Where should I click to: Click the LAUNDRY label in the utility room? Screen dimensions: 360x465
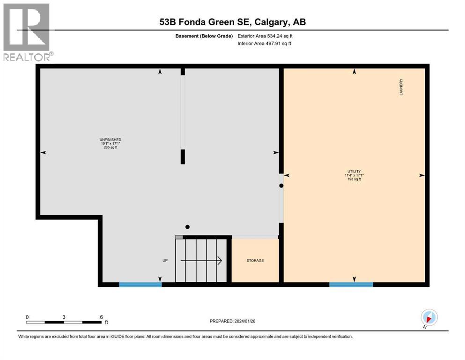[x=401, y=87]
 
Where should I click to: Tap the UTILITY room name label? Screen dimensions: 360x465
[x=354, y=171]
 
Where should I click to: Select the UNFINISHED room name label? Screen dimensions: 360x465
[x=111, y=140]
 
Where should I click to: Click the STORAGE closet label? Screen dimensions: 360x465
[x=255, y=261]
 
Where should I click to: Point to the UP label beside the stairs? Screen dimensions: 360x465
[x=165, y=261]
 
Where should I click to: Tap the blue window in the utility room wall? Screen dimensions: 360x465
[x=351, y=284]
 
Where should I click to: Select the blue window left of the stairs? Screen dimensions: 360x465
[x=140, y=284]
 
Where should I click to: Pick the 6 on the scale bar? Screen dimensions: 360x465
[x=101, y=317]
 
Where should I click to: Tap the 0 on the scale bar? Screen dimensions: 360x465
[x=27, y=317]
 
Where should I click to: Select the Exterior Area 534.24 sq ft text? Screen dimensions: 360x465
[x=266, y=36]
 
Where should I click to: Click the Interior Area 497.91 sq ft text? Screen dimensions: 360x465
[x=265, y=44]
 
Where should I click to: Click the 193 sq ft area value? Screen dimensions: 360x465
[x=354, y=180]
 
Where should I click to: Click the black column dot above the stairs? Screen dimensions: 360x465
[x=187, y=227]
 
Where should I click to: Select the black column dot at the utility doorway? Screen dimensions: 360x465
[x=281, y=186]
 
